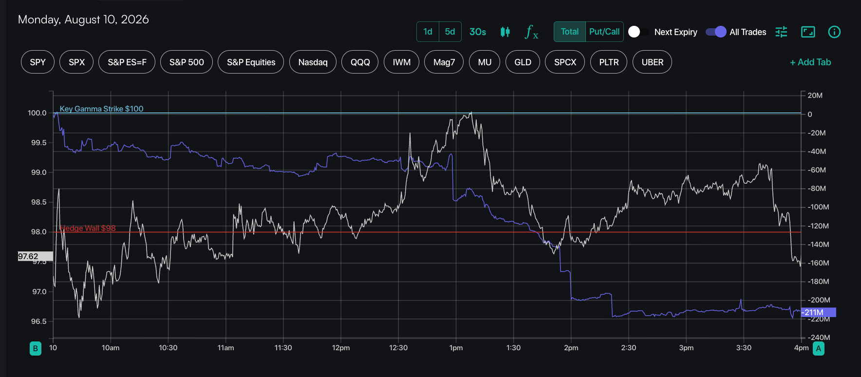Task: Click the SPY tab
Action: point(37,62)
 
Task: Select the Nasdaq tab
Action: point(313,62)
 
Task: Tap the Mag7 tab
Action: point(444,62)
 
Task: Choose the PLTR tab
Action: point(609,62)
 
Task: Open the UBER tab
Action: point(652,62)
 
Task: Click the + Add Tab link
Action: point(810,62)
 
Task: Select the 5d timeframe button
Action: point(450,32)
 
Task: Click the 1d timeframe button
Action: point(428,32)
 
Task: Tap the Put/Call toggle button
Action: point(604,32)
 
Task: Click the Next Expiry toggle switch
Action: point(638,32)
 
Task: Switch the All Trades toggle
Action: point(716,32)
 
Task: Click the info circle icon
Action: point(834,32)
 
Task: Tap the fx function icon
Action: point(531,32)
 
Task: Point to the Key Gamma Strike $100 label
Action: point(101,109)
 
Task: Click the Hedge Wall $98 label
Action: point(88,228)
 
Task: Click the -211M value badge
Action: point(819,312)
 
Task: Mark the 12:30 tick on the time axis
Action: point(398,348)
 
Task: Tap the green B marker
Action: point(36,348)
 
